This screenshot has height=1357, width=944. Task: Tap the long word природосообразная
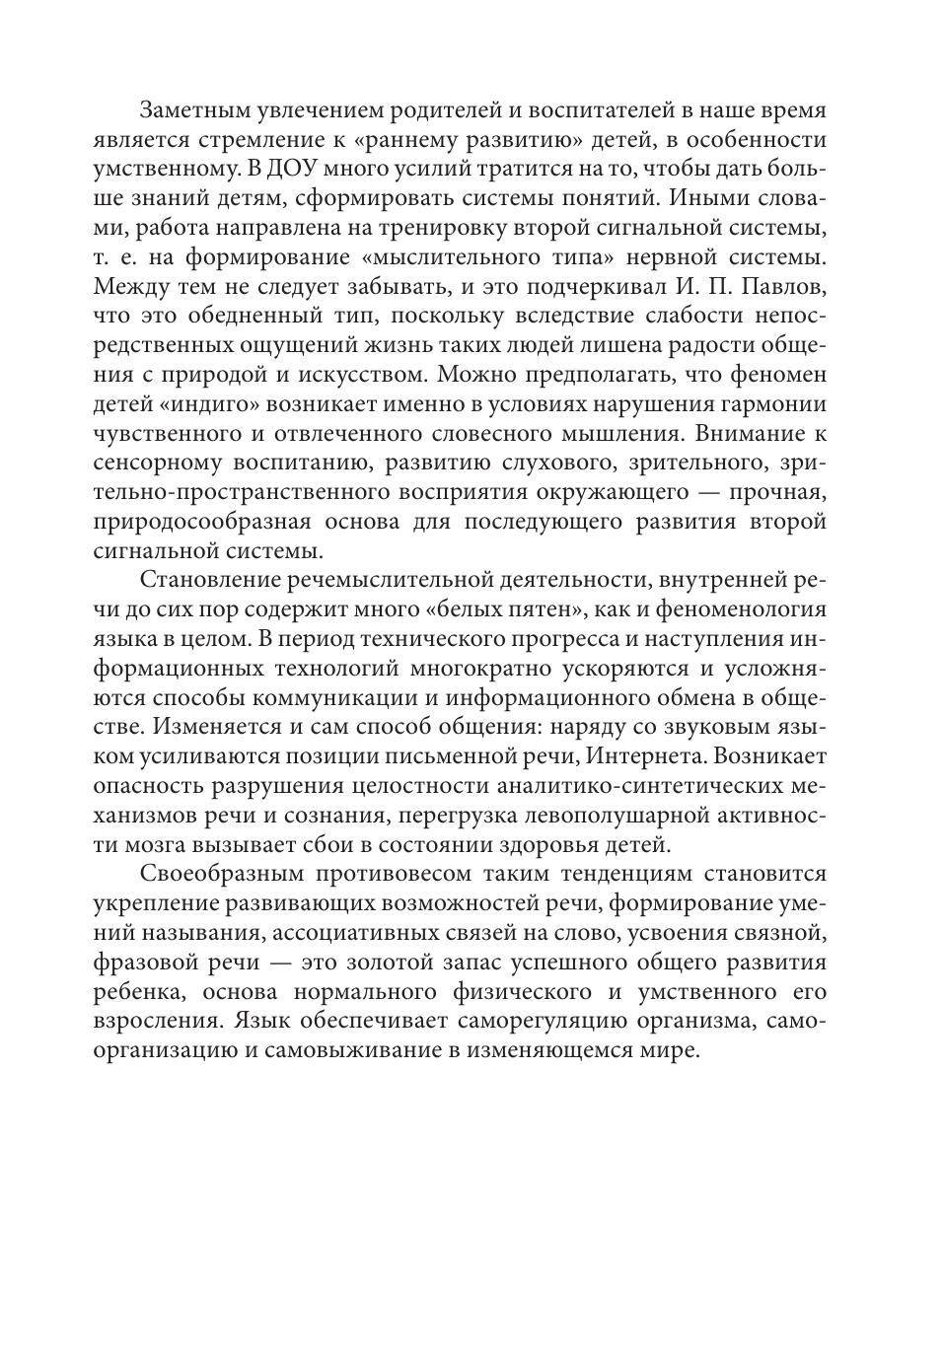pos(204,522)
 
